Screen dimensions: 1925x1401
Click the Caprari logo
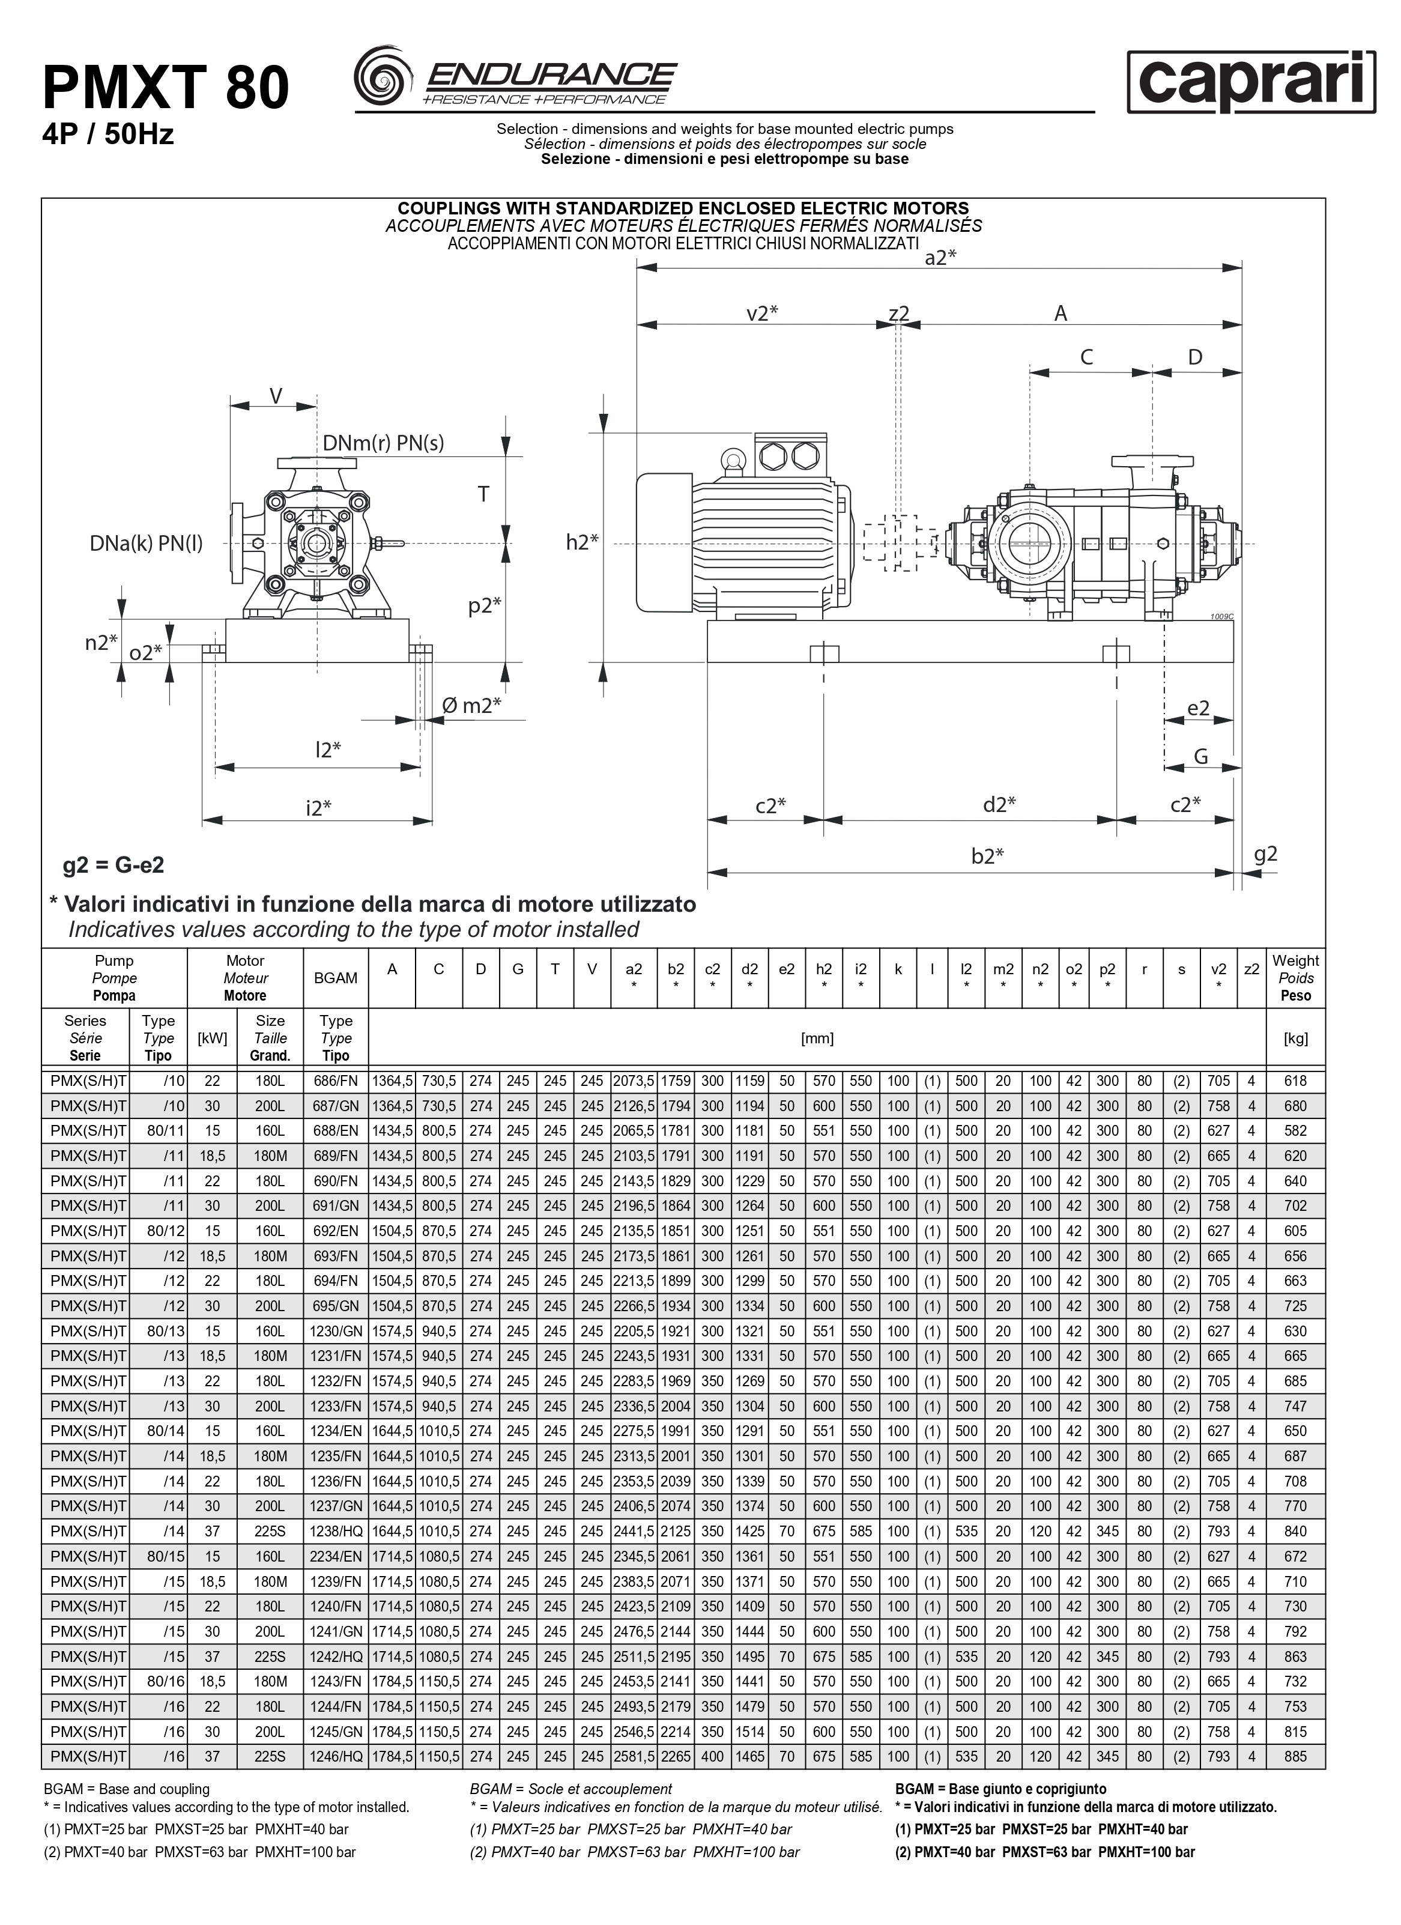(x=1251, y=82)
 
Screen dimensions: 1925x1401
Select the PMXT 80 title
(x=166, y=88)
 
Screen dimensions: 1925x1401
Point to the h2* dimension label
(x=582, y=542)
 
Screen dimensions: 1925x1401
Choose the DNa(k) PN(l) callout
(x=146, y=543)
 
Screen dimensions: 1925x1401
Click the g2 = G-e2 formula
(x=113, y=865)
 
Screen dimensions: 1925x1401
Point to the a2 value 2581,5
(x=634, y=1756)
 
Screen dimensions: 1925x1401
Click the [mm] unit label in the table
(x=817, y=1038)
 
